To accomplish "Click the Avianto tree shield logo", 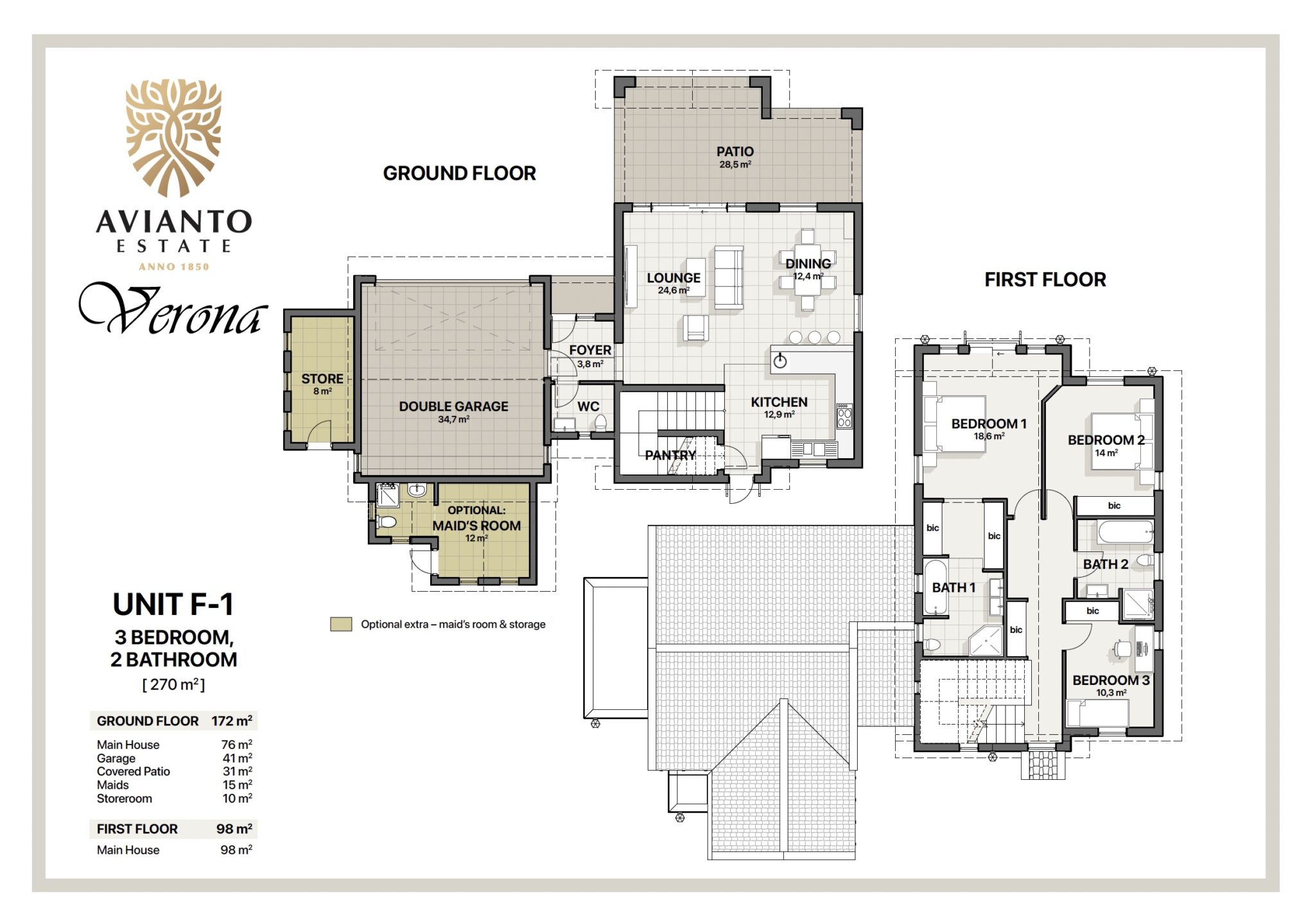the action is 173,137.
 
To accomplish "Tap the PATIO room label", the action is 735,151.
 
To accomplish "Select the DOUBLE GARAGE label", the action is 453,406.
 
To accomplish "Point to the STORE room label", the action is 322,379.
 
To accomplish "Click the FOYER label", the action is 590,350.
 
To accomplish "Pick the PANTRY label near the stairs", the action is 670,455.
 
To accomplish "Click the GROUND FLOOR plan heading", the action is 459,173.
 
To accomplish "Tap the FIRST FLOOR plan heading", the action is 1045,280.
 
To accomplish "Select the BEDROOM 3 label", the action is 1111,680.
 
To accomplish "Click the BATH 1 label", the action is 954,587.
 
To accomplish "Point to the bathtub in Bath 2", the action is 1125,532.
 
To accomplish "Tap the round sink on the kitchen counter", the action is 780,361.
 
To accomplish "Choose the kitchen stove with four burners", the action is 844,416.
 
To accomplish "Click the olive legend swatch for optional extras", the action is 341,624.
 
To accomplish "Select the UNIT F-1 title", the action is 173,604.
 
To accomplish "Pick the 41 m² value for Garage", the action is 237,758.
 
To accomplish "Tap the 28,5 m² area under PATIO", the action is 735,165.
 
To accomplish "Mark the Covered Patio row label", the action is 134,772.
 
